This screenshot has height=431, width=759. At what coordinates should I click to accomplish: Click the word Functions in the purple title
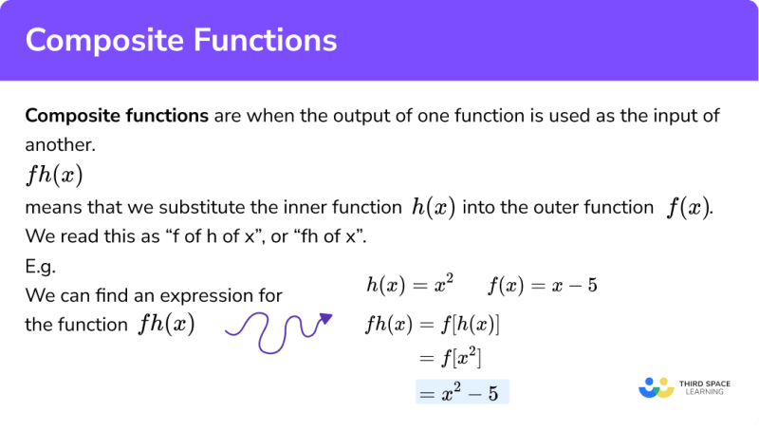pyautogui.click(x=268, y=41)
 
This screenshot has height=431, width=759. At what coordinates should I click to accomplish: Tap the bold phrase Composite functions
pyautogui.click(x=117, y=116)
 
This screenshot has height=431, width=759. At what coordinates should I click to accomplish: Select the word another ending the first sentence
pyautogui.click(x=58, y=144)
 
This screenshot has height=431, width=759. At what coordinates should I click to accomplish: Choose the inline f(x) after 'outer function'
pyautogui.click(x=684, y=208)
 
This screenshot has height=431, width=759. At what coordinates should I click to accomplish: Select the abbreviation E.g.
pyautogui.click(x=41, y=268)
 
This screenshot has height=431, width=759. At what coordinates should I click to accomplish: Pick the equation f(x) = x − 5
pyautogui.click(x=542, y=284)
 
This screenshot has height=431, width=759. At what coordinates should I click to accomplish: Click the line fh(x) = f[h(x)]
pyautogui.click(x=432, y=325)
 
